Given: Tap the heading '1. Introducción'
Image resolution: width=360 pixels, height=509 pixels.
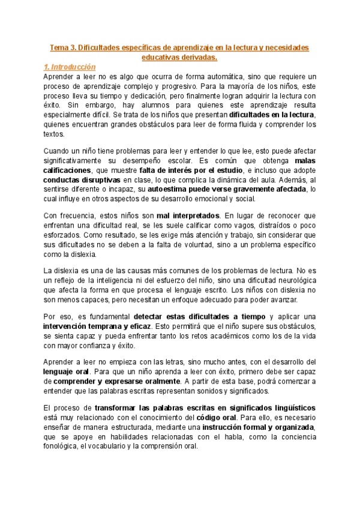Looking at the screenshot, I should click(71, 67).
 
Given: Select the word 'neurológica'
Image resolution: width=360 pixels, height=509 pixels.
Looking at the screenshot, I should click(291, 281).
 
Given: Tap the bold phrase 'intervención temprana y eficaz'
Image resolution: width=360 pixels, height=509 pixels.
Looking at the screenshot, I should click(98, 326).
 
